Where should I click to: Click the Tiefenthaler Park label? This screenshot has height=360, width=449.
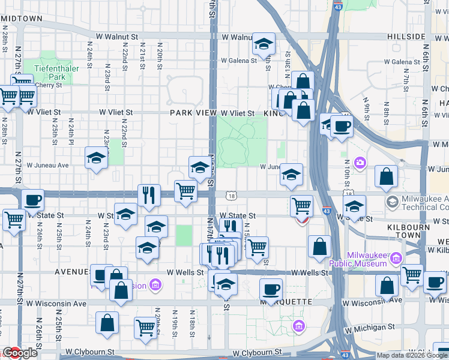click(57, 73)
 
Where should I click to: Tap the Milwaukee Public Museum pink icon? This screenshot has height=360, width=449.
click(396, 259)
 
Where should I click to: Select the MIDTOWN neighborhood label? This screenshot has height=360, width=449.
click(22, 19)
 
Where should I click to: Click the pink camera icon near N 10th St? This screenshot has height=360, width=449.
click(360, 163)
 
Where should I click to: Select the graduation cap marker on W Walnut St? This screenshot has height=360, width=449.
click(263, 44)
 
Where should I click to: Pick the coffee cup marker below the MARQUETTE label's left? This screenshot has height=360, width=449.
click(270, 289)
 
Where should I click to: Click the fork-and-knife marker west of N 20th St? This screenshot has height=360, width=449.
click(148, 195)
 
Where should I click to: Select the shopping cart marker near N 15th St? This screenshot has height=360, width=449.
click(257, 247)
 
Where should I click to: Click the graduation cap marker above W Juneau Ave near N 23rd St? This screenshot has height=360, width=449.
click(96, 158)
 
